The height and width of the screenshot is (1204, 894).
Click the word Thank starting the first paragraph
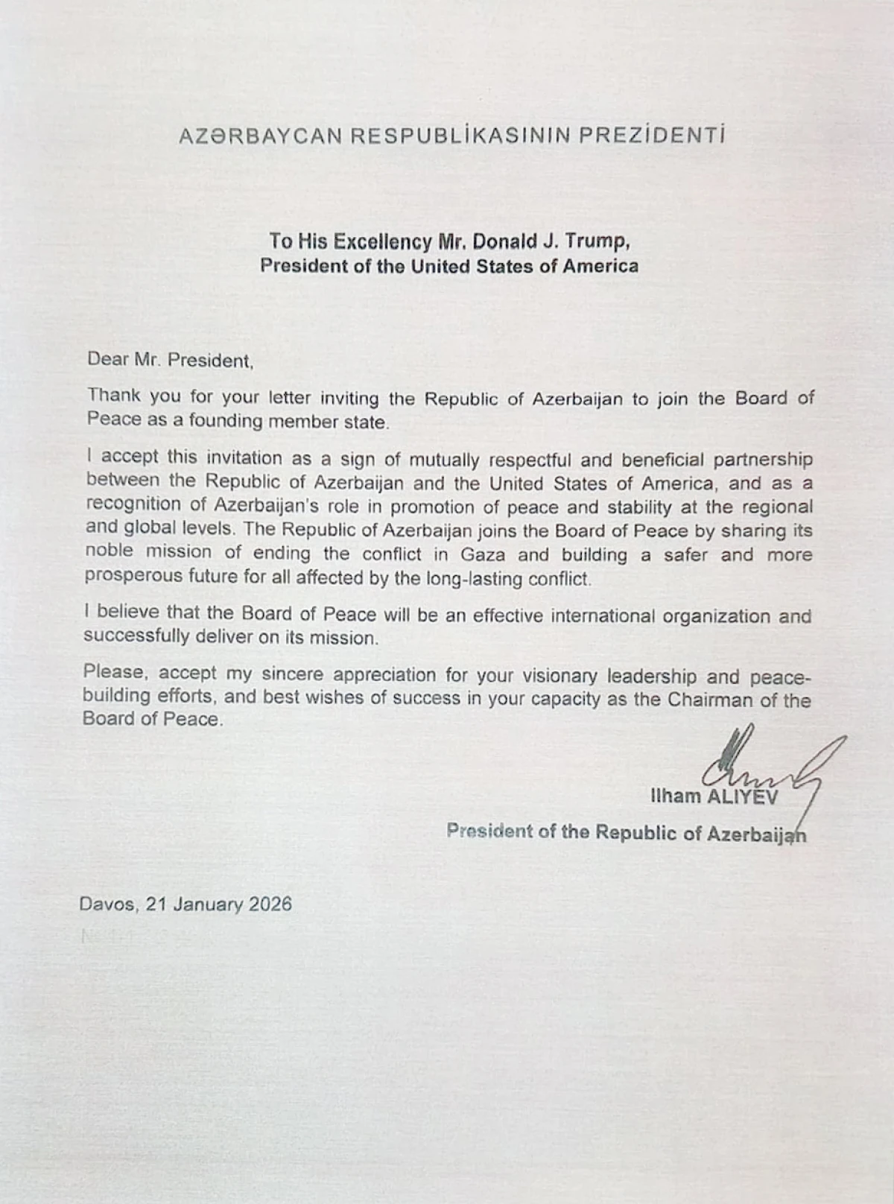113,396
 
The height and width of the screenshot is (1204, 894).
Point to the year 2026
270,904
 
